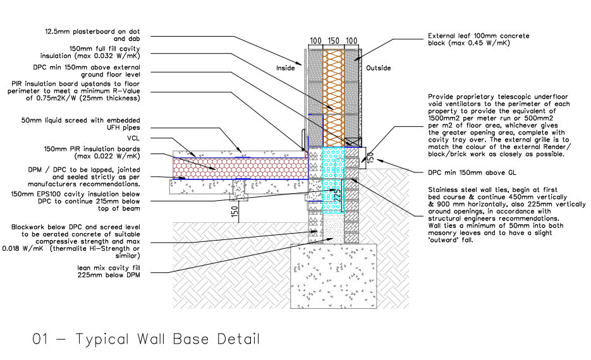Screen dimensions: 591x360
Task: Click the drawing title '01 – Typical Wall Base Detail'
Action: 146,339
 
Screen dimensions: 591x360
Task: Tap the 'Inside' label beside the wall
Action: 285,68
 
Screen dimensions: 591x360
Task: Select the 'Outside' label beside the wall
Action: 379,68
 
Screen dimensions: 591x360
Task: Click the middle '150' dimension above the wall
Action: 334,40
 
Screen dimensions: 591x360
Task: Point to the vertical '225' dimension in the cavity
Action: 338,195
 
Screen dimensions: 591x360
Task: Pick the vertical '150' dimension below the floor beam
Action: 235,211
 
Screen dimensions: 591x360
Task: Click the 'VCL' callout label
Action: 133,138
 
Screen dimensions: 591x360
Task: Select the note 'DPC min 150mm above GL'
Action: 472,172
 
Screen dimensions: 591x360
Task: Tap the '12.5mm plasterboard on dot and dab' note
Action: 92,35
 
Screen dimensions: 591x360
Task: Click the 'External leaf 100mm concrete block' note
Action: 478,39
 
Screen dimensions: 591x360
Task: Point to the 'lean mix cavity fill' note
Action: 109,272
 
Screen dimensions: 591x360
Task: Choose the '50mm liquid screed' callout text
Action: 80,124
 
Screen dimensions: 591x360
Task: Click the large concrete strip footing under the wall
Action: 334,276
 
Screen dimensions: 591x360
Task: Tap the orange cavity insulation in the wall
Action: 334,98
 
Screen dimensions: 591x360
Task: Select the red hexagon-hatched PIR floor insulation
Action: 240,168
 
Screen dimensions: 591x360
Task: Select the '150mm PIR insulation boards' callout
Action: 92,152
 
